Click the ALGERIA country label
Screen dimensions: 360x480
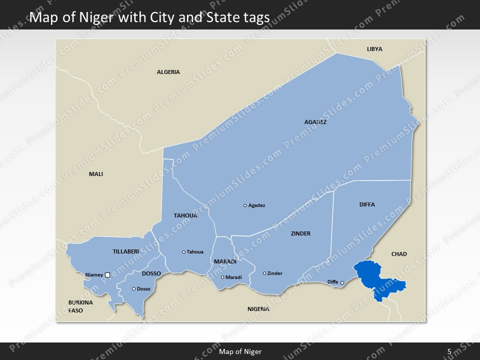[x=168, y=72]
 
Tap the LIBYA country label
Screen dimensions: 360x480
[x=374, y=49]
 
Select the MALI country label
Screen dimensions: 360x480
[x=96, y=174]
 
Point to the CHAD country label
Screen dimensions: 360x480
[x=399, y=254]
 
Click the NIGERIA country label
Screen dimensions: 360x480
[x=258, y=309]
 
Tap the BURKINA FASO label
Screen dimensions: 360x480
[x=80, y=306]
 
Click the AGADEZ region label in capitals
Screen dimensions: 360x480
[x=315, y=121]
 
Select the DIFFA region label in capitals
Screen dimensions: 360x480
[x=367, y=204]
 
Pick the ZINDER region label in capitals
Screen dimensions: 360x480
[x=300, y=233]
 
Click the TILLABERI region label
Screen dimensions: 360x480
[x=126, y=251]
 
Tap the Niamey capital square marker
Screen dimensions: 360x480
[x=107, y=274]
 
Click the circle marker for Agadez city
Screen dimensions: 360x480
[x=245, y=205]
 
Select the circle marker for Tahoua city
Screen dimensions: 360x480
[x=183, y=252]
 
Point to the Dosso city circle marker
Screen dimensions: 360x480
[x=133, y=288]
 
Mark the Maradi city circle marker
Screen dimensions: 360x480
[x=222, y=277]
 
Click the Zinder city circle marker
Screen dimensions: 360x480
[x=264, y=273]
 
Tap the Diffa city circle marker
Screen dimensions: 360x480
[x=342, y=283]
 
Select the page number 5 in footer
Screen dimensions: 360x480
[x=449, y=351]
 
